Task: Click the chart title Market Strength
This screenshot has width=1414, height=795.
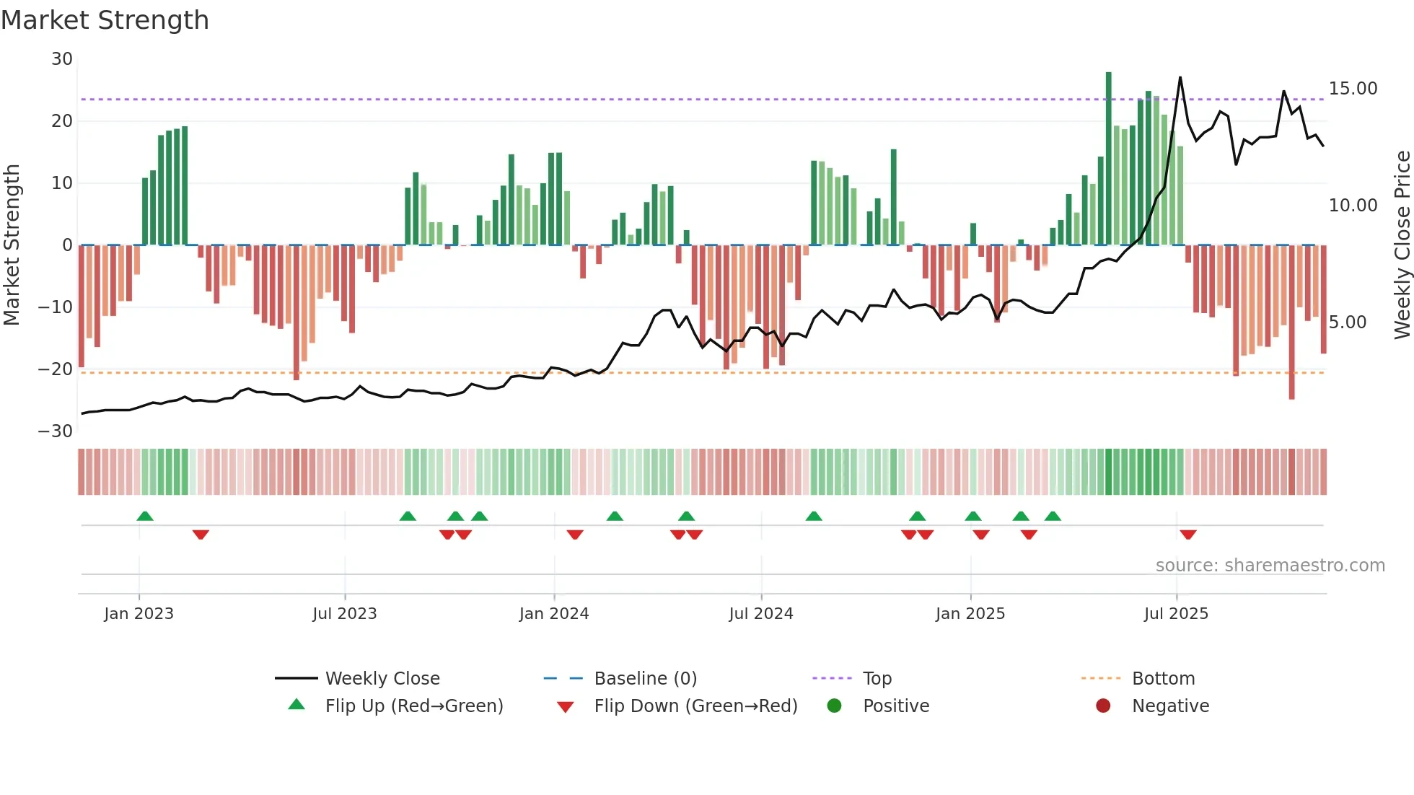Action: (x=105, y=20)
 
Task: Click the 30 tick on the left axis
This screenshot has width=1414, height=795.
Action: (x=62, y=59)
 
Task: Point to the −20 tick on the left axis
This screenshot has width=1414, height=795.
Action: (x=56, y=369)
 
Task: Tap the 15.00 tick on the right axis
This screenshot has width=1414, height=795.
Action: (x=1353, y=89)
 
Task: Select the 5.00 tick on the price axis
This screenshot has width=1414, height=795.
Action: (x=1347, y=322)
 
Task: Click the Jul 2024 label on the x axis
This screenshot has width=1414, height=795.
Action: (x=760, y=614)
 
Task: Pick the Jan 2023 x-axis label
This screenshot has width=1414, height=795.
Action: (x=139, y=614)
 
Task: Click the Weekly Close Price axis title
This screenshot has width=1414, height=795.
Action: (x=1402, y=245)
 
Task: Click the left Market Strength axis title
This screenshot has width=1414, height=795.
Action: (x=12, y=245)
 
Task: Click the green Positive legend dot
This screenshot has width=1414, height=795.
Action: (x=835, y=706)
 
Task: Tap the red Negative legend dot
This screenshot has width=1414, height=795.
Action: (x=1103, y=706)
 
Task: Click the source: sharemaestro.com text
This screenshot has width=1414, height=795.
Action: (x=1270, y=566)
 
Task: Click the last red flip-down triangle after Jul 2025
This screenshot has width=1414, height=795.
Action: (x=1188, y=535)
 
